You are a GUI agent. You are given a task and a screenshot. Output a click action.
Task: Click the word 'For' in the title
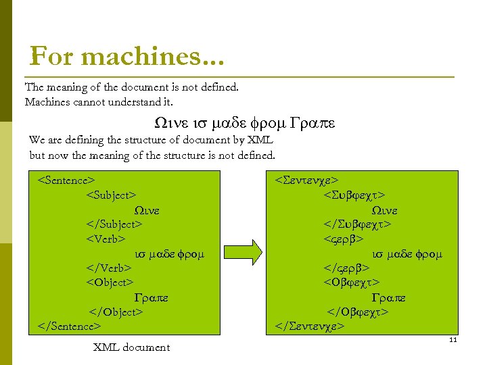[48, 55]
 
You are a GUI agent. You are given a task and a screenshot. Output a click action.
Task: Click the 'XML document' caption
[131, 347]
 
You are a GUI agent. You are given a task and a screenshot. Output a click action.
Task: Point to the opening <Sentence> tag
[66, 180]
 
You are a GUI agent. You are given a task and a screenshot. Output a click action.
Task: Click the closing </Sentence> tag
[69, 326]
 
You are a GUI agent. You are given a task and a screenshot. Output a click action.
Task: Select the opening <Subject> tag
[111, 195]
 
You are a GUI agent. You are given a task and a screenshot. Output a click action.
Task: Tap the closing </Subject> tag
[114, 224]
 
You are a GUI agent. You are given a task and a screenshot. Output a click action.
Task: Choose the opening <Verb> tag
[106, 239]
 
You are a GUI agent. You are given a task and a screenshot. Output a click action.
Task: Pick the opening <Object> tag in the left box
[110, 283]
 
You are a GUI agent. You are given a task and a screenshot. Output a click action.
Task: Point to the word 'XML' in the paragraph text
[258, 140]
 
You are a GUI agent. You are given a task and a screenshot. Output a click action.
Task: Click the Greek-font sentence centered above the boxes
[244, 124]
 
